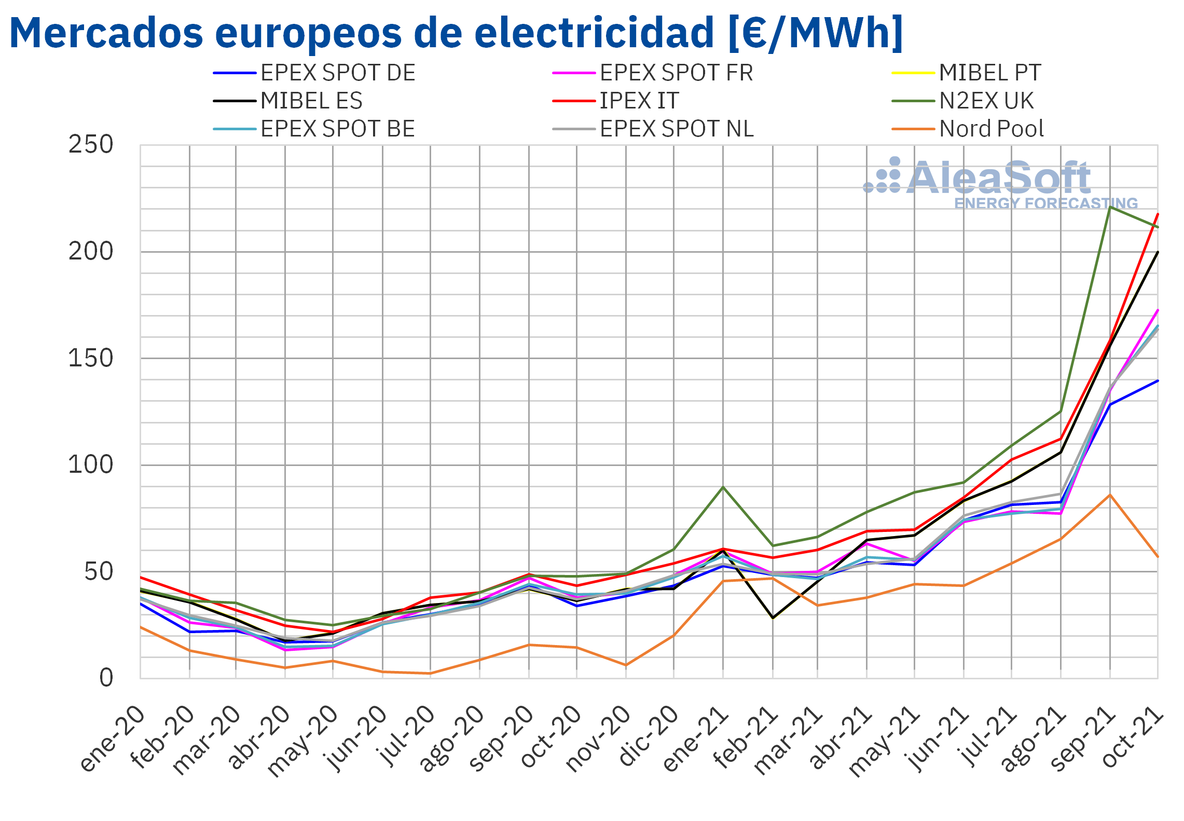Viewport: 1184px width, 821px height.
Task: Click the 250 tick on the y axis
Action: click(91, 145)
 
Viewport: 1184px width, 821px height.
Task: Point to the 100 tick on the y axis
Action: click(91, 464)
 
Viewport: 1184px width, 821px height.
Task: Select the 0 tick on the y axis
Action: click(106, 678)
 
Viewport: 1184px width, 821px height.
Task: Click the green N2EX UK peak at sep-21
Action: click(1109, 207)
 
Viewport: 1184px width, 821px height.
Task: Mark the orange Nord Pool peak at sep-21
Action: click(1109, 495)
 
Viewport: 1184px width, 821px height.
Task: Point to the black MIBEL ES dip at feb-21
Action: click(773, 618)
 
